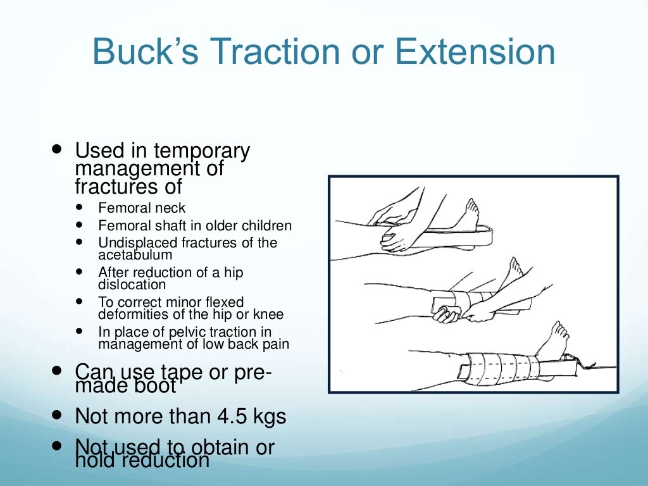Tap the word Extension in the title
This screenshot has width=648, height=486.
(x=475, y=52)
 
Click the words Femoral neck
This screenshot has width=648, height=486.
(x=142, y=208)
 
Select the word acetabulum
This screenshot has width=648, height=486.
(x=135, y=255)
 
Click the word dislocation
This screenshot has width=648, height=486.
(x=130, y=285)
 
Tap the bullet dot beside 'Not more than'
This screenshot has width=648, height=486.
(x=58, y=415)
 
